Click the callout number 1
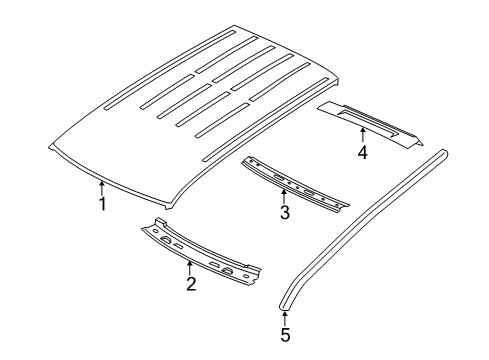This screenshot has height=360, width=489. tap(102, 204)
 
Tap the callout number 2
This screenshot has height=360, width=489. tap(190, 284)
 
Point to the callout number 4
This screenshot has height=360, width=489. tap(363, 152)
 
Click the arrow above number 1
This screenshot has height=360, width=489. tap(102, 186)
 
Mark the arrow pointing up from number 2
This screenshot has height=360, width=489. tap(190, 266)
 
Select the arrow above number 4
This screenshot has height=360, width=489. tap(363, 134)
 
